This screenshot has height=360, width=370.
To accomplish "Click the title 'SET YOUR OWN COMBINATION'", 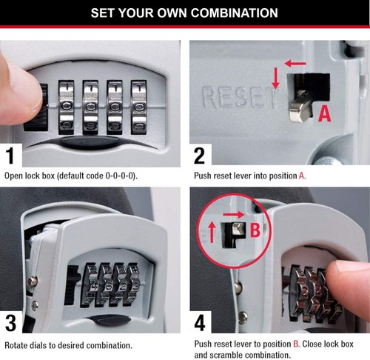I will pos(184,13).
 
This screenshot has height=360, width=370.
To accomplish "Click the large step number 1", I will pos(13,155).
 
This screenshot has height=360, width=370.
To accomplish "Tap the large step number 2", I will pos(200,155).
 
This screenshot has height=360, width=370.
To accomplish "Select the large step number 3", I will pos(13,324).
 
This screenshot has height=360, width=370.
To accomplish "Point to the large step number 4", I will pos(200,324).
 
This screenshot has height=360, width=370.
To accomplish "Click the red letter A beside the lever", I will pos(323,113).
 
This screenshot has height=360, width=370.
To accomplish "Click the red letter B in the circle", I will pos(254,230).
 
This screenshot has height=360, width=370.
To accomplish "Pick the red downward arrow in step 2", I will pos(275,78).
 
